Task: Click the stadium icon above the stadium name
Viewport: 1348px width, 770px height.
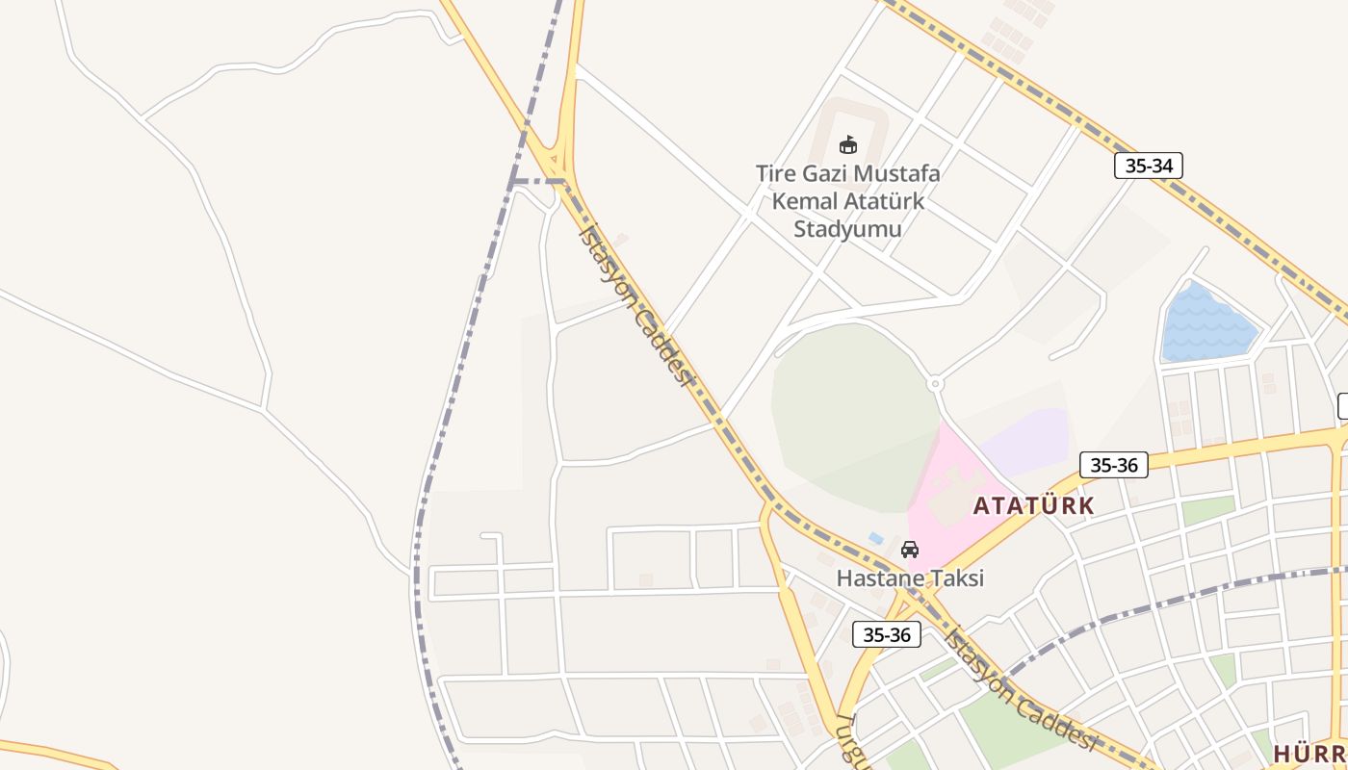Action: (847, 145)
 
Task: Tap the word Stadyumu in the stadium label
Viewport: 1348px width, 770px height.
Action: (847, 228)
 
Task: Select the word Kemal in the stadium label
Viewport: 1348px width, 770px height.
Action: (805, 201)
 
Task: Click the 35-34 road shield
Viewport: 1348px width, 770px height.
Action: (1148, 166)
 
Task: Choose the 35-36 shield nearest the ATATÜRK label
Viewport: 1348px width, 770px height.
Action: (1113, 465)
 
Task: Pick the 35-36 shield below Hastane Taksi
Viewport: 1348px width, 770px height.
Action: (886, 634)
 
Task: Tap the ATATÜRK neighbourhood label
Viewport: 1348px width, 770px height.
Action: (1033, 505)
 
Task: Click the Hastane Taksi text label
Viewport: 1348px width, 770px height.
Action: (910, 578)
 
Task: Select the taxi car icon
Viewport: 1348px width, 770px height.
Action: (909, 550)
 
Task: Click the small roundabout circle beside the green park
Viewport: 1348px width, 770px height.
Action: (934, 384)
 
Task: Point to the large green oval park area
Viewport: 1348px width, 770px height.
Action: (852, 414)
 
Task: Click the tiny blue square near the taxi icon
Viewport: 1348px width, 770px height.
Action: (875, 538)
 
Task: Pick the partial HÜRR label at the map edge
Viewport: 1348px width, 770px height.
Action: (1309, 752)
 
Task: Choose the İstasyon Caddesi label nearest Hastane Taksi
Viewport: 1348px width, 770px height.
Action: (1021, 689)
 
